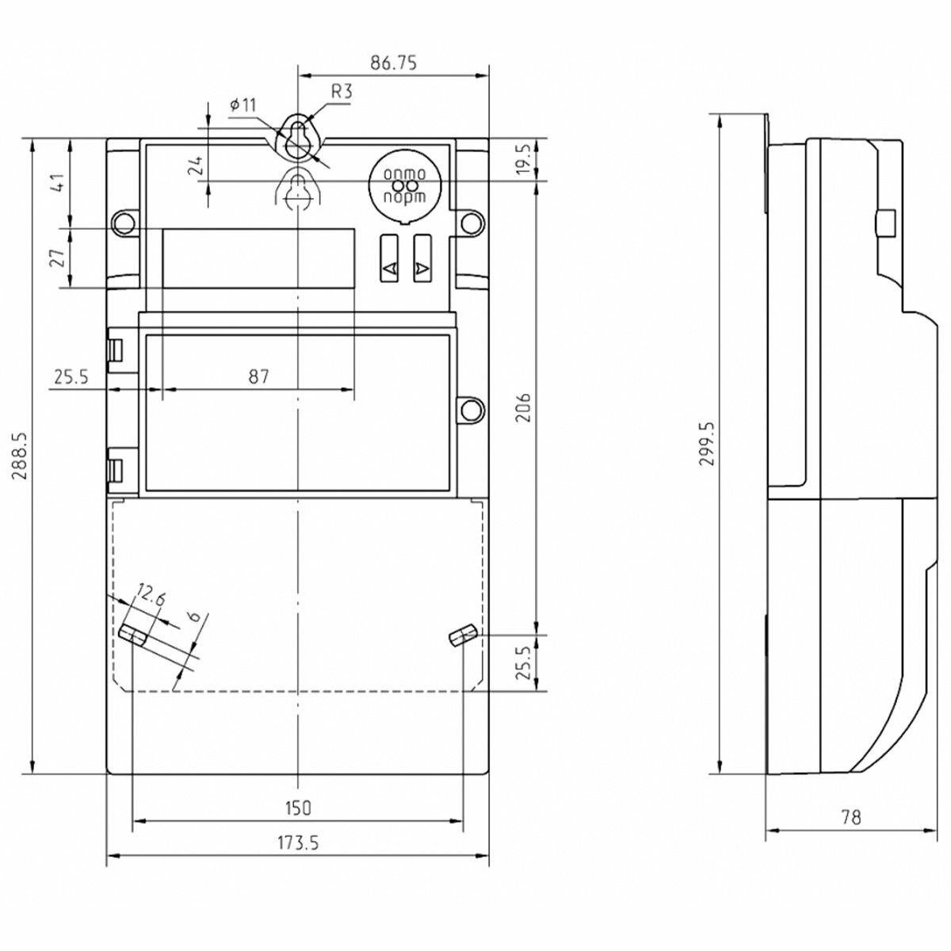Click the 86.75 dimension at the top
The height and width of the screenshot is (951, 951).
click(393, 63)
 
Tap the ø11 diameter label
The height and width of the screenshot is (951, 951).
click(243, 105)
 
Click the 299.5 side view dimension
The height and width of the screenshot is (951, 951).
click(708, 443)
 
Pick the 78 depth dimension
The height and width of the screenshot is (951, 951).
click(850, 817)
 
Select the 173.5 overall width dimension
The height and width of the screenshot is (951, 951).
click(298, 843)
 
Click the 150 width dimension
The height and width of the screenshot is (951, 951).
click(298, 808)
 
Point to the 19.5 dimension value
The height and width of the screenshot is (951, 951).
click(524, 160)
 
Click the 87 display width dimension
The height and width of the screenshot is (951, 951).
click(258, 376)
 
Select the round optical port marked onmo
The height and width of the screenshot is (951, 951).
click(405, 185)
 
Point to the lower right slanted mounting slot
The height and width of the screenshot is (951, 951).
click(460, 636)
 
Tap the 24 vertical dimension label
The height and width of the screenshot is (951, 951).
click(197, 165)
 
